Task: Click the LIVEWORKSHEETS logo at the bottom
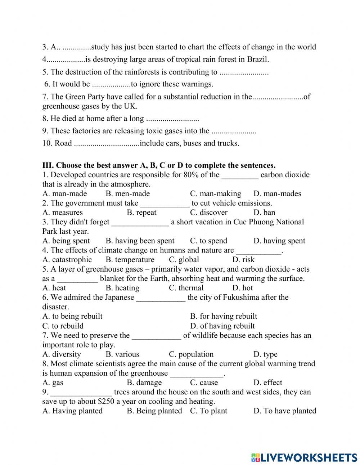(304, 457)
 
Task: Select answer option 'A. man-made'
(64, 193)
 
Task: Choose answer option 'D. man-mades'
(277, 193)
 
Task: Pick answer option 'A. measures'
(62, 213)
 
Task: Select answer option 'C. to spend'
(208, 241)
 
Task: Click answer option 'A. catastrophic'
(67, 260)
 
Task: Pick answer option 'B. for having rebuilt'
(224, 316)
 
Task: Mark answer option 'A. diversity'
(62, 354)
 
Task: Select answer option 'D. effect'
(267, 383)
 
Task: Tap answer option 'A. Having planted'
(72, 411)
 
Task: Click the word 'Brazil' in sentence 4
(258, 59)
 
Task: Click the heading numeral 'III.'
(48, 165)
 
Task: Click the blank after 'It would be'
(111, 85)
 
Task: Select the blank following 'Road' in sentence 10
(107, 143)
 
